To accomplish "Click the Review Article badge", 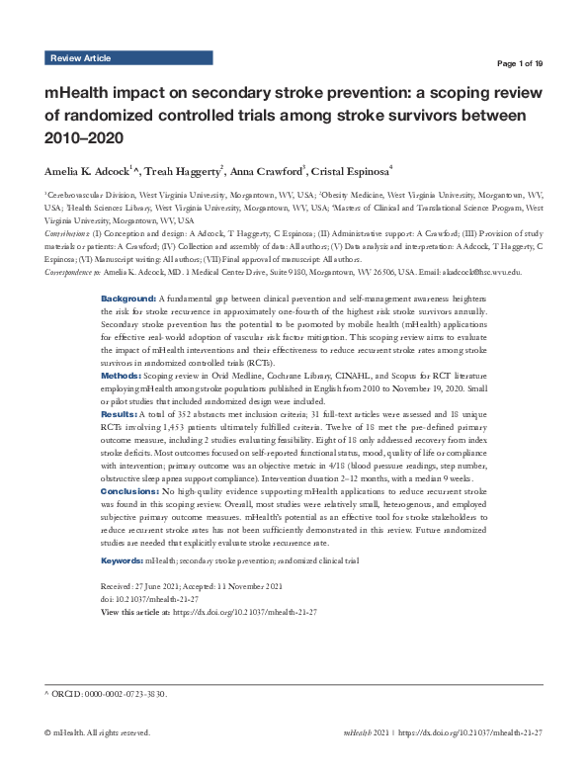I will [x=80, y=59].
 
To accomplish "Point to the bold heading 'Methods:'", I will [x=122, y=377].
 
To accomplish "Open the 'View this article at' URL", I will [x=245, y=613].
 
